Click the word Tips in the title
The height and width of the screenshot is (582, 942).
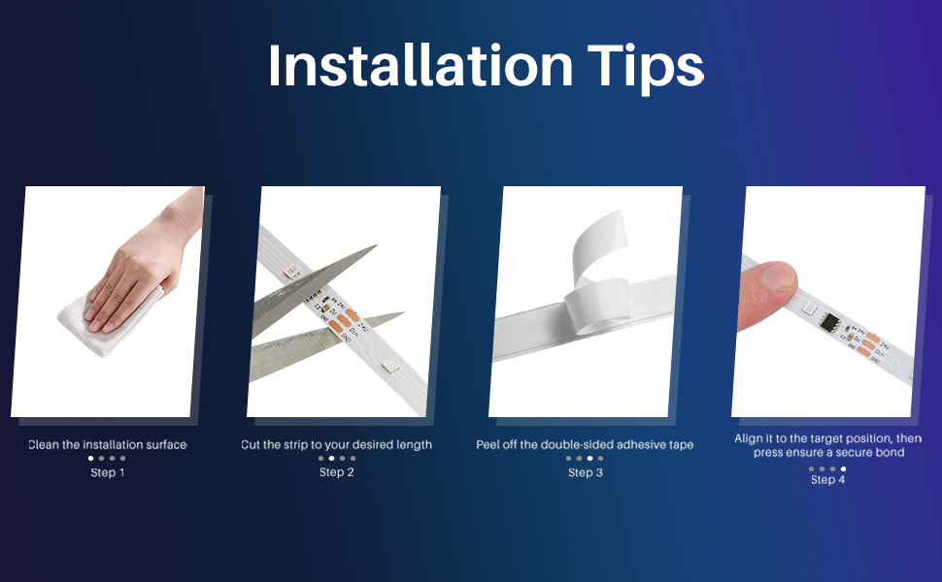(x=645, y=66)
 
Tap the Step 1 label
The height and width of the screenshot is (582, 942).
(x=107, y=472)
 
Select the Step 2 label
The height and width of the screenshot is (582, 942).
(x=336, y=472)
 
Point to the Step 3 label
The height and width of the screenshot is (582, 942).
(x=585, y=472)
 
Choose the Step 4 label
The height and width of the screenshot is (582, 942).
(x=827, y=479)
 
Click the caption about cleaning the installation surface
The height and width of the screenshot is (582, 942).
(x=107, y=444)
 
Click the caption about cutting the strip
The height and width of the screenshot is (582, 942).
(x=336, y=444)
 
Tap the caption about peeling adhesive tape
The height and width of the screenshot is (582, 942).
(x=585, y=444)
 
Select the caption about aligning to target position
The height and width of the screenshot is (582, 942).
(x=827, y=445)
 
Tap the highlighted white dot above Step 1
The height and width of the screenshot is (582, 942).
(x=90, y=458)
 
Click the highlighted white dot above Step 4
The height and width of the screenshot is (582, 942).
(x=843, y=469)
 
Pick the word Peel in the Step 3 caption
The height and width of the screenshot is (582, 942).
(x=488, y=444)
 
